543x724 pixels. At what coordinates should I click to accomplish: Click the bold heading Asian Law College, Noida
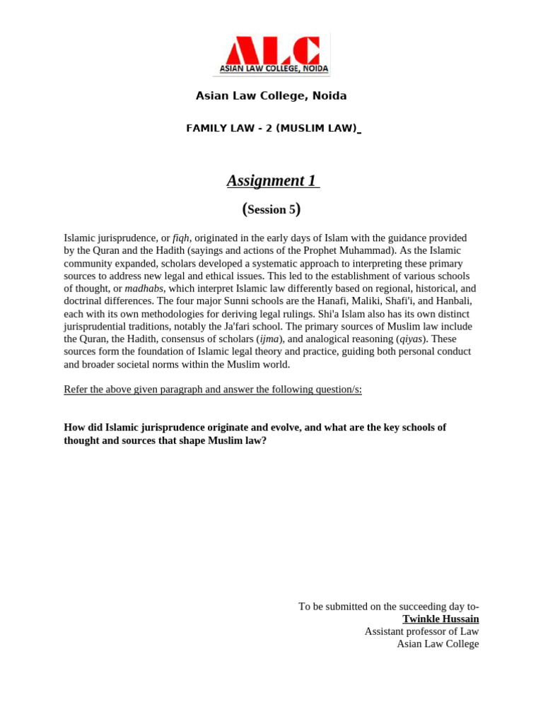click(x=271, y=95)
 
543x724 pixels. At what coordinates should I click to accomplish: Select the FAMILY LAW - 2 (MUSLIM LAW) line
click(x=271, y=128)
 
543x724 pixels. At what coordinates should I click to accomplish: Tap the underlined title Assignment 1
click(x=271, y=180)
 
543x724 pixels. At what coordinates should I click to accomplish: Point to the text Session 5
click(x=271, y=209)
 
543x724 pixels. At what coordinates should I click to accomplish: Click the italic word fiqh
click(x=181, y=238)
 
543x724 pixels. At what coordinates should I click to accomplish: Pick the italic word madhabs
click(x=144, y=288)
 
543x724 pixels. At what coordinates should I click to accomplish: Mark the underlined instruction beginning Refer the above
click(x=213, y=390)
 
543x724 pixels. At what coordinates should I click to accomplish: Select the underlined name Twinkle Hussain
click(x=440, y=619)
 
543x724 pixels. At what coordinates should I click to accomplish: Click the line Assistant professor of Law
click(x=421, y=631)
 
